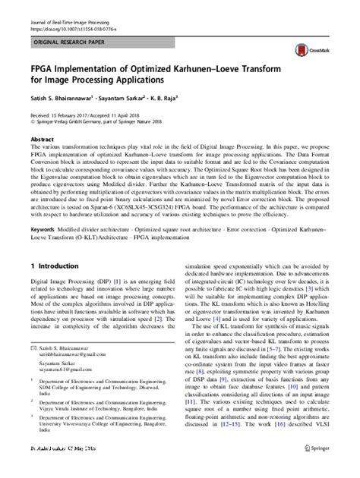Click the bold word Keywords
[x=44, y=228]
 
